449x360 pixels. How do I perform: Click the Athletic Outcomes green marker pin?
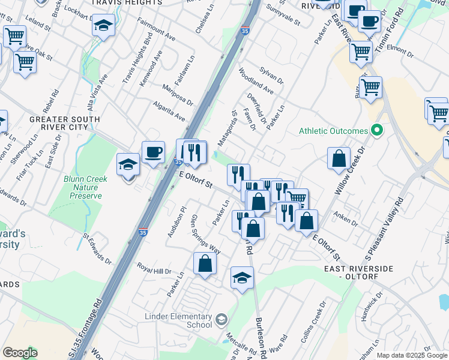(x=377, y=130)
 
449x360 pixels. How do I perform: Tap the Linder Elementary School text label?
(x=178, y=320)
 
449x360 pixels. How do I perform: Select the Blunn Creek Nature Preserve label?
(x=85, y=187)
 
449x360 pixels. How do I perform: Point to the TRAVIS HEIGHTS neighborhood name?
(x=127, y=3)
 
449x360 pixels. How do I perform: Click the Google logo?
(x=20, y=353)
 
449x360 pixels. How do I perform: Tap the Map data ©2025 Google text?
(x=412, y=355)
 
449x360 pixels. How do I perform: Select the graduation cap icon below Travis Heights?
(x=104, y=26)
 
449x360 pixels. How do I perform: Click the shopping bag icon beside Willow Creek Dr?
(x=339, y=158)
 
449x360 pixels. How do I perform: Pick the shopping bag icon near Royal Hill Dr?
(x=205, y=263)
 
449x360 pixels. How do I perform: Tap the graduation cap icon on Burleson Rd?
(x=242, y=278)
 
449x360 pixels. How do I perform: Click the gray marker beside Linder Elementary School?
(x=221, y=319)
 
